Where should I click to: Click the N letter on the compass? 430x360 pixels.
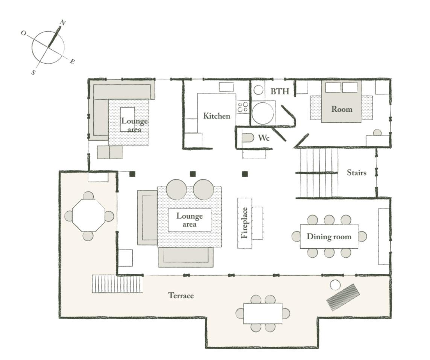(x=63, y=23)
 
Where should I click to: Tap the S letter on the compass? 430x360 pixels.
(x=33, y=73)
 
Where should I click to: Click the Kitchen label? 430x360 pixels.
(x=217, y=116)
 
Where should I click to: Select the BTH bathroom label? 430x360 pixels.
(x=280, y=91)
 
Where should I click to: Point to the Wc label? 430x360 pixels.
(x=264, y=138)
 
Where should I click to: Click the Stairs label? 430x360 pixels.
(x=357, y=173)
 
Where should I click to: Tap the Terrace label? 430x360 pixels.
(x=181, y=296)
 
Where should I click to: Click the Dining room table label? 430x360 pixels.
(x=329, y=237)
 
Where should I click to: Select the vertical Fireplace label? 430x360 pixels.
(x=245, y=223)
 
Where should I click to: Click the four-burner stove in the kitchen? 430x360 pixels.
(x=243, y=107)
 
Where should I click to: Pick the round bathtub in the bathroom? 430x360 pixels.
(x=263, y=113)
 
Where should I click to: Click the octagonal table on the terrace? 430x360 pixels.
(x=88, y=216)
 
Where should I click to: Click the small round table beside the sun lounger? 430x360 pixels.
(x=335, y=285)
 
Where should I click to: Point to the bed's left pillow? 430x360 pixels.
(x=333, y=88)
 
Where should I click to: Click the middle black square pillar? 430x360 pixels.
(x=193, y=174)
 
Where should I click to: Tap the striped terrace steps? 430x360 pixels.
(x=117, y=284)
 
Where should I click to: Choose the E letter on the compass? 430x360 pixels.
(x=72, y=62)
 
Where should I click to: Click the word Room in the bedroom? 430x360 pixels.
(x=342, y=109)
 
